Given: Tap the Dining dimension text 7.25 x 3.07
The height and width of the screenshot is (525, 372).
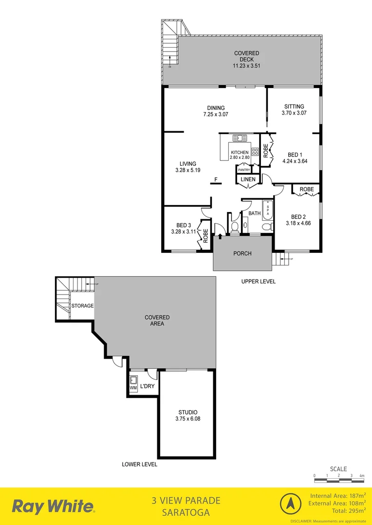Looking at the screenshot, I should (x=216, y=115).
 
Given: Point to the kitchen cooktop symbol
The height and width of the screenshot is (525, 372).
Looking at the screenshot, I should (x=255, y=151).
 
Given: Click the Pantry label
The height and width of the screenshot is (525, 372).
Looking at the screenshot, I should (x=244, y=170).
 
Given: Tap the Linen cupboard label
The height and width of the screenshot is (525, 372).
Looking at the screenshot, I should (x=248, y=180).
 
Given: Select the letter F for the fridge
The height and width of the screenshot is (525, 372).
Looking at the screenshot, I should (x=216, y=180).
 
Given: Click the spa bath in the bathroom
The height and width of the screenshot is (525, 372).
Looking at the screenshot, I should (x=267, y=210).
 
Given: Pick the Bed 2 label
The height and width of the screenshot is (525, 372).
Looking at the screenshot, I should (x=298, y=217).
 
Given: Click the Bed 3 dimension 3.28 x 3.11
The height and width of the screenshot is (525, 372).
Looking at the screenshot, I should (x=183, y=232).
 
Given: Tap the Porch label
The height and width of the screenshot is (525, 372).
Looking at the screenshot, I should (x=242, y=253).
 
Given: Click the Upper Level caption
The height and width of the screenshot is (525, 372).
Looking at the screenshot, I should (x=259, y=281).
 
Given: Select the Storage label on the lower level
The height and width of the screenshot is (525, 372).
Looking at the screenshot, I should (x=82, y=306).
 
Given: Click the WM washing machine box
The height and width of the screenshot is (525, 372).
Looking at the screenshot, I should (x=133, y=384).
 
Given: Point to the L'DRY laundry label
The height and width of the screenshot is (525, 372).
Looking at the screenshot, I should (x=147, y=387).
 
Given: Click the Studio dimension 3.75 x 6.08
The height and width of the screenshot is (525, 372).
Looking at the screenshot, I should (x=187, y=419).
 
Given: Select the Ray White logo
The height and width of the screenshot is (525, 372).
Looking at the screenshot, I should (x=53, y=507).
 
